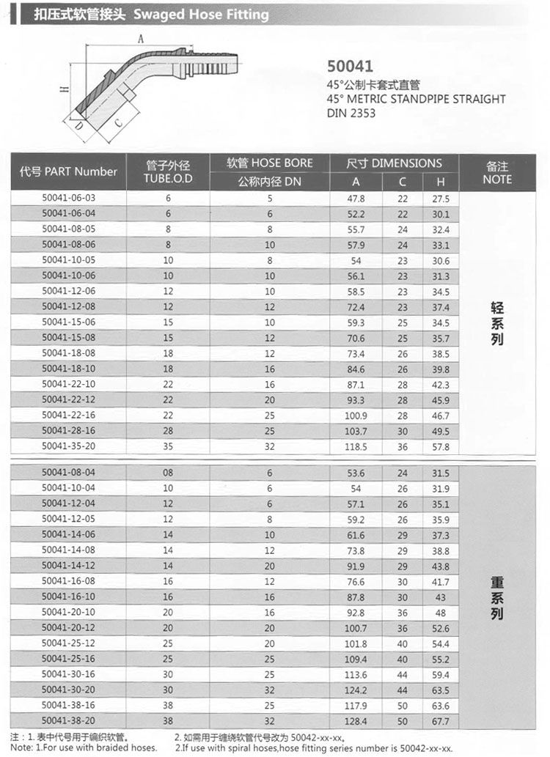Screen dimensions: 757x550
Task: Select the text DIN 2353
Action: click(x=351, y=113)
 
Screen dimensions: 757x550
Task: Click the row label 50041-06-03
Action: click(x=69, y=199)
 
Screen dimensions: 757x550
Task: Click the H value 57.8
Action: click(x=441, y=446)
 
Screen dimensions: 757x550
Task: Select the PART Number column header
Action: click(x=69, y=171)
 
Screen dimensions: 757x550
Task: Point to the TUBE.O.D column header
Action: click(x=168, y=172)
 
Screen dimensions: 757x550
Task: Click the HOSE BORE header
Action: click(x=269, y=163)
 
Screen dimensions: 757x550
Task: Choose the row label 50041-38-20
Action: click(x=69, y=720)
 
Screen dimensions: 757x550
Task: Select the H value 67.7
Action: click(x=441, y=721)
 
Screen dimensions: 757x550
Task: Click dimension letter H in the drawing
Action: click(x=65, y=89)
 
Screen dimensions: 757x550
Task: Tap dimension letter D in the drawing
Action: click(x=77, y=127)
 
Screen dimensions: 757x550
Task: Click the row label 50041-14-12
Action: click(x=69, y=566)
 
